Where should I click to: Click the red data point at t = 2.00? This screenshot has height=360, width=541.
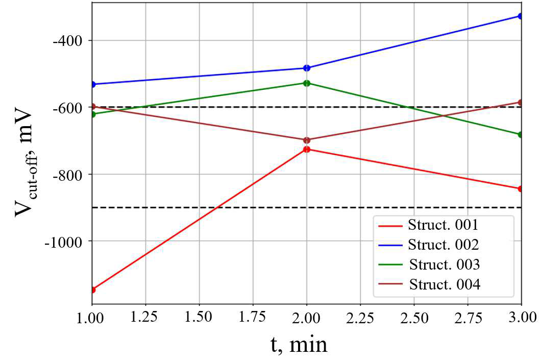tap(307, 149)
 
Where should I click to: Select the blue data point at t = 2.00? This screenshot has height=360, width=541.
tap(307, 68)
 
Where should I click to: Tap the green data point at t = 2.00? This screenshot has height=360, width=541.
tap(307, 83)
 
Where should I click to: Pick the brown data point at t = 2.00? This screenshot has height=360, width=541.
tap(307, 140)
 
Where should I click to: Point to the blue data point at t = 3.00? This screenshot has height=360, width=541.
tap(520, 16)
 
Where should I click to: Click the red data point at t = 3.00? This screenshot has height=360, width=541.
tap(520, 189)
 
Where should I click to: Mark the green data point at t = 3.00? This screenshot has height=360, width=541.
tap(520, 135)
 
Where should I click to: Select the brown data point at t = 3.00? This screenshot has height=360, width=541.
tap(520, 103)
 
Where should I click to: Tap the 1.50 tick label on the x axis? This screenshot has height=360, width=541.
tap(199, 318)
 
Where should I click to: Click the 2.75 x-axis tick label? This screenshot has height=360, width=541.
tap(467, 318)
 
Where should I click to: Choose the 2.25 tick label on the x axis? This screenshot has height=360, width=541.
tap(360, 318)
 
